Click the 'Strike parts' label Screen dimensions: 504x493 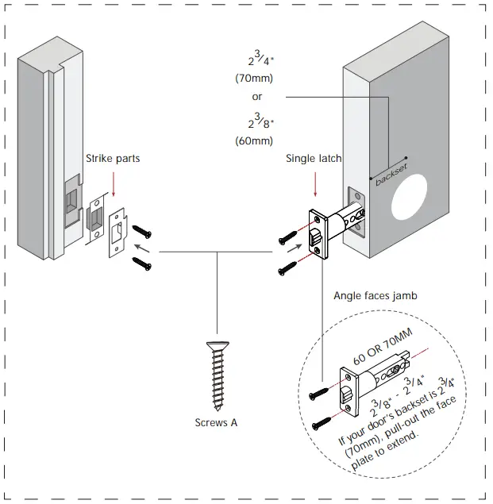[114, 159]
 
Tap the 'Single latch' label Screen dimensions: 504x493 [314, 159]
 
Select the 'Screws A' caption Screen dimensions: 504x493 [216, 422]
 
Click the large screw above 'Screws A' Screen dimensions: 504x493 [216, 373]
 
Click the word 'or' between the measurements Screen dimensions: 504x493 [256, 97]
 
